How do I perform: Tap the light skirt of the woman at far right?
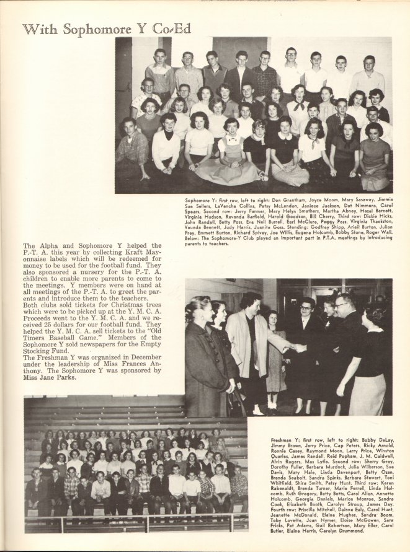(x=367, y=394)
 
